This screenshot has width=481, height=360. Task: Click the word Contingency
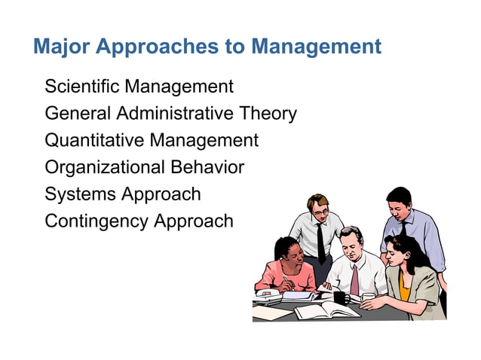coord(97,221)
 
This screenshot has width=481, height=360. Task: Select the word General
coord(78,114)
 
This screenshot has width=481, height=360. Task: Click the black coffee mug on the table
coord(340,297)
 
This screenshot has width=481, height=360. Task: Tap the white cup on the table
coord(368,297)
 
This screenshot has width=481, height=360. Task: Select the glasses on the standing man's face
coord(320,212)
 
